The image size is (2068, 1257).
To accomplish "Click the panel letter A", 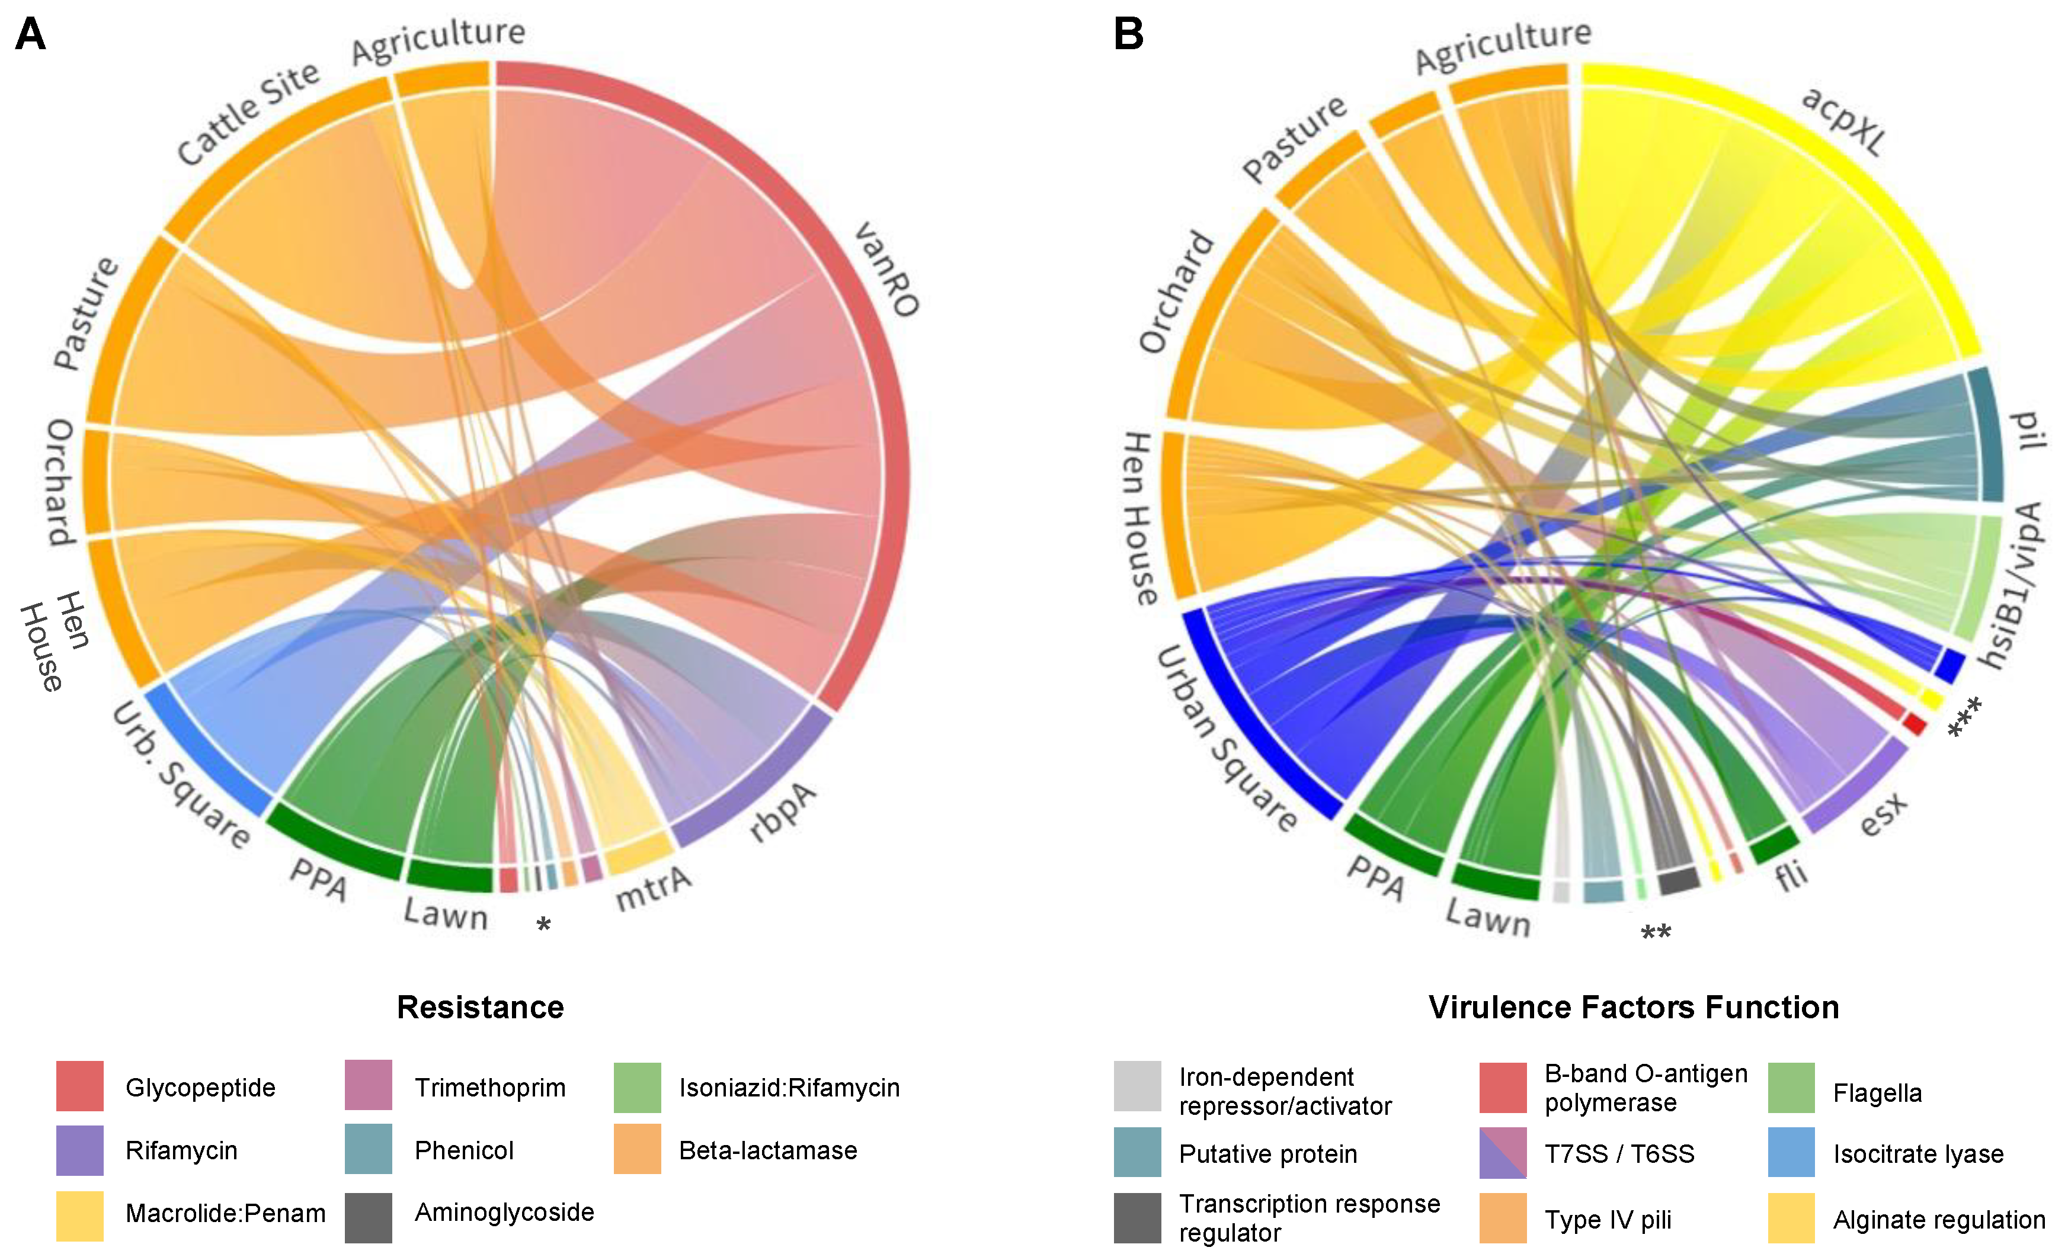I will pyautogui.click(x=30, y=34).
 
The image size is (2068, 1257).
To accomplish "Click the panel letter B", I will pyautogui.click(x=1128, y=34).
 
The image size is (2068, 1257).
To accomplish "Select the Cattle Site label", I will pyautogui.click(x=248, y=113).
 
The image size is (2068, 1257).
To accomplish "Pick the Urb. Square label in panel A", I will pyautogui.click(x=181, y=775).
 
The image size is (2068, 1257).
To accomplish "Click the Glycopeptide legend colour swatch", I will pyautogui.click(x=80, y=1086).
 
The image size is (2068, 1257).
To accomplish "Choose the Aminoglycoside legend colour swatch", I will pyautogui.click(x=369, y=1217).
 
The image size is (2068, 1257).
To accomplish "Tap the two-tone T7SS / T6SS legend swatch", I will pyautogui.click(x=1502, y=1153).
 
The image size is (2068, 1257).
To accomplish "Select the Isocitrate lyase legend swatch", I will pyautogui.click(x=1791, y=1153).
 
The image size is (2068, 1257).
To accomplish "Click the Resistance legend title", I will pyautogui.click(x=480, y=1007).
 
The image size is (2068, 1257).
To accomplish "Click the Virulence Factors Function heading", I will pyautogui.click(x=1633, y=1007).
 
